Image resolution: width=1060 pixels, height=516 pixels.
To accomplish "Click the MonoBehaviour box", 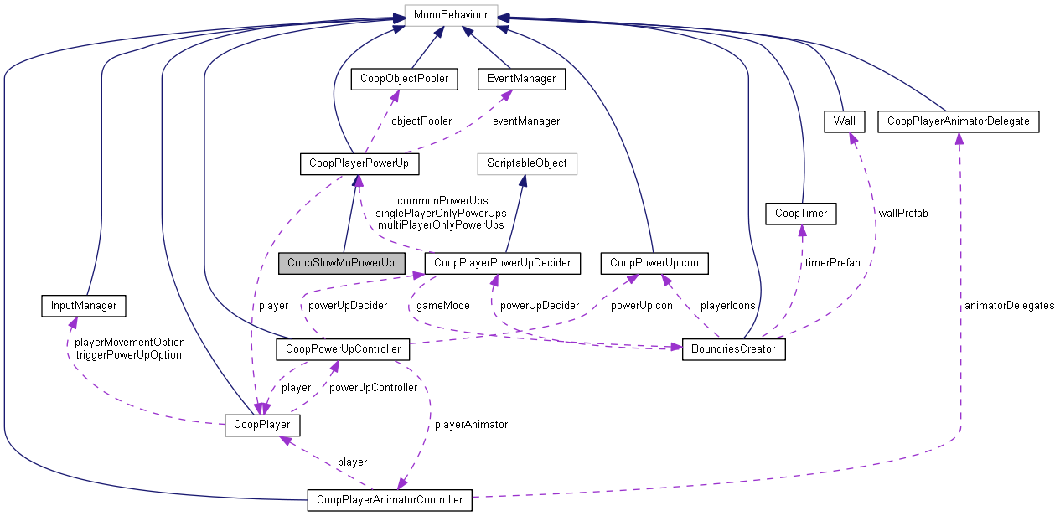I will coord(451,15).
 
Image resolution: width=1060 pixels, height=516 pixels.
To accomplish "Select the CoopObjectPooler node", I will coord(404,79).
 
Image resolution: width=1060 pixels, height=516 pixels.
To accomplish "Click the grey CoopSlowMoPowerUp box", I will coord(341,263).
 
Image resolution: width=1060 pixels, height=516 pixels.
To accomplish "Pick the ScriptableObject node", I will coord(527,163).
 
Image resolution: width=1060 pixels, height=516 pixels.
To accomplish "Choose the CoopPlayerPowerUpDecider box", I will coord(503,263).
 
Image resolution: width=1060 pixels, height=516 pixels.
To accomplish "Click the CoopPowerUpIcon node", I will coord(654,263).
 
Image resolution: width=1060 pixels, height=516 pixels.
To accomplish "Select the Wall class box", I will coord(844,121).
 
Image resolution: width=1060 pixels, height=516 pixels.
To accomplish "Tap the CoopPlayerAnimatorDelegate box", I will coord(959,121).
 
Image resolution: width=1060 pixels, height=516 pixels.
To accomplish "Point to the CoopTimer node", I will coord(802,213).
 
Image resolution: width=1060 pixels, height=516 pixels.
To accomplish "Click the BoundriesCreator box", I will coord(734,348).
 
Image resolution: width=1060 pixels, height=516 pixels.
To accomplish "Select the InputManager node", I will coord(83,306).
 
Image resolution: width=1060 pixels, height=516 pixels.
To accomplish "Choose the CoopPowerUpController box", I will coord(343,348).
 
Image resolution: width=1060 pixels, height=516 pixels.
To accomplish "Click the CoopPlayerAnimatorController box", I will coord(390,499).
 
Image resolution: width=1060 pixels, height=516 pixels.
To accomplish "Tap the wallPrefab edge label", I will coord(903,213).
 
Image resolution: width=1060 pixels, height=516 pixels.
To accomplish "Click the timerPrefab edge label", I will coord(832,263).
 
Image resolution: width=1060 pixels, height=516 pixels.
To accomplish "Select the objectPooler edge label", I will coord(421,121).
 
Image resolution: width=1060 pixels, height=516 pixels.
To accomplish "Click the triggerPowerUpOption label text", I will coord(128,354).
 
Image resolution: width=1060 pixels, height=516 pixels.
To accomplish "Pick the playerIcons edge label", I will coord(727,306).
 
